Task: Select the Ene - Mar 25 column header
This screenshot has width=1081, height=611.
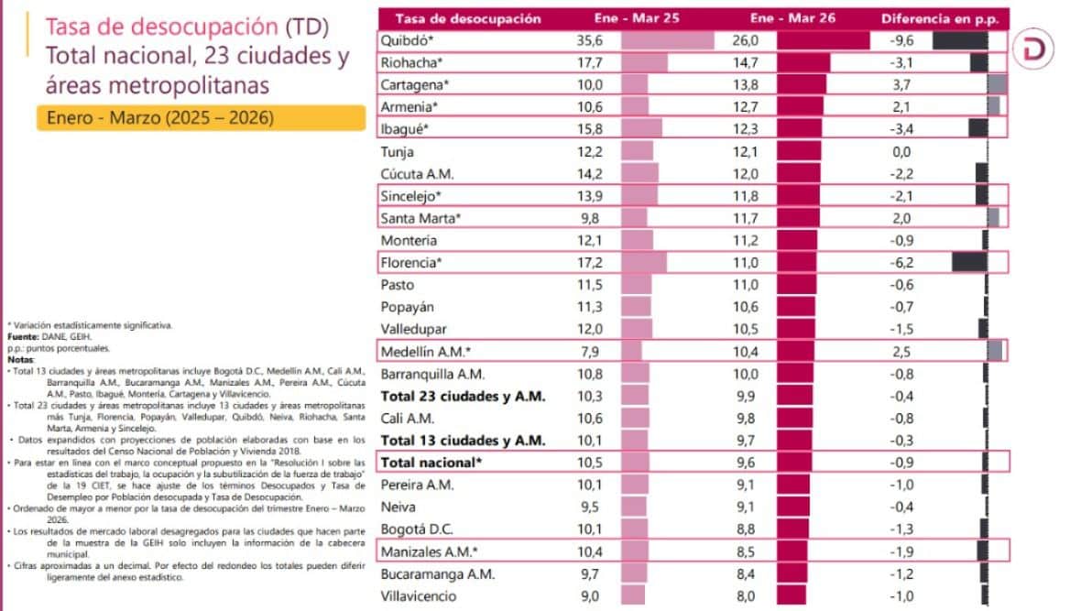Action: coord(666,18)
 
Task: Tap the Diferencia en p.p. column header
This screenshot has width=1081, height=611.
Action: coord(943,18)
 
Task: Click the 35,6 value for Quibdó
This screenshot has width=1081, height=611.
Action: coord(591,41)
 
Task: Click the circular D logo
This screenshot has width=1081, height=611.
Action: coord(1037,51)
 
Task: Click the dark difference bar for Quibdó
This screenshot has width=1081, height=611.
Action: coord(959,41)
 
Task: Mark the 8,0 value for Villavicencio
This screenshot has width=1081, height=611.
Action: coord(747,595)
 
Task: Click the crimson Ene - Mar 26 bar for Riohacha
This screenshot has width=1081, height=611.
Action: coord(803,63)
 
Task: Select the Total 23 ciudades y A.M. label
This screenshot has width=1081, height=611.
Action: coord(463,396)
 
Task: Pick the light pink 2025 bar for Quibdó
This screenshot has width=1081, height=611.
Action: coord(667,41)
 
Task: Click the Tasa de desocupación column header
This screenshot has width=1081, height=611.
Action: coord(468,18)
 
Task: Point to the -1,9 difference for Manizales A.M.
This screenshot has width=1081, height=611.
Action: coord(902,551)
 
